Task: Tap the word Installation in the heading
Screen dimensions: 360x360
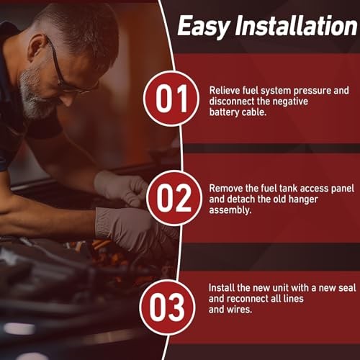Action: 296,25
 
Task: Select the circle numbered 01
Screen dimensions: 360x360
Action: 171,99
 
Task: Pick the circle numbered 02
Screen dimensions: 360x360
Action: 174,198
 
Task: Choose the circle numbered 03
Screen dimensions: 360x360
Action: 167,307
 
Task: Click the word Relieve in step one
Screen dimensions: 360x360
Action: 225,91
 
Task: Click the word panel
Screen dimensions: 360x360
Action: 343,189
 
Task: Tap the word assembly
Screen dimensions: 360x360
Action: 230,210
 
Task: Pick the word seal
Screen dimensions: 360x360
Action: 347,288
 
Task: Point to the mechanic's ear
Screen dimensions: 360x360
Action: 38,47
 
